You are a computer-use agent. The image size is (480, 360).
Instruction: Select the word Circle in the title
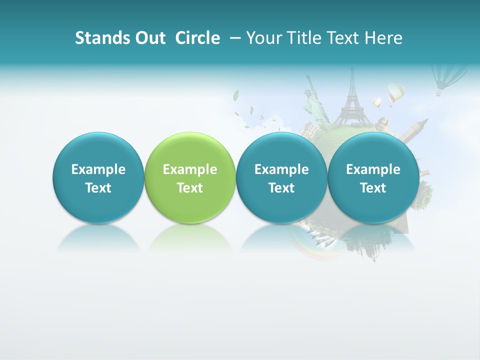tap(197, 38)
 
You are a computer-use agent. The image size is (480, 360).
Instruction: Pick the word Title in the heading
tap(299, 38)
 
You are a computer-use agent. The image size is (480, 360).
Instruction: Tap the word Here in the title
tap(383, 38)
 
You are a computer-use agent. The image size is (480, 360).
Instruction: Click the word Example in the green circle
tap(190, 169)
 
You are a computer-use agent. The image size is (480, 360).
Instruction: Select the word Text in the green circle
tap(190, 188)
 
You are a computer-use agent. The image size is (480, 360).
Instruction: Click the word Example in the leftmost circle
tap(98, 169)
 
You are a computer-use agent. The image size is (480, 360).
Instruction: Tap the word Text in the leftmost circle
tap(98, 188)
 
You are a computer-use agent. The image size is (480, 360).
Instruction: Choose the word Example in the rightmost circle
tap(373, 169)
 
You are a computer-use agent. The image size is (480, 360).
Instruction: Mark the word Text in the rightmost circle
tap(373, 188)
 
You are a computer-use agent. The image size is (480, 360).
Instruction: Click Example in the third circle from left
tap(281, 169)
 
